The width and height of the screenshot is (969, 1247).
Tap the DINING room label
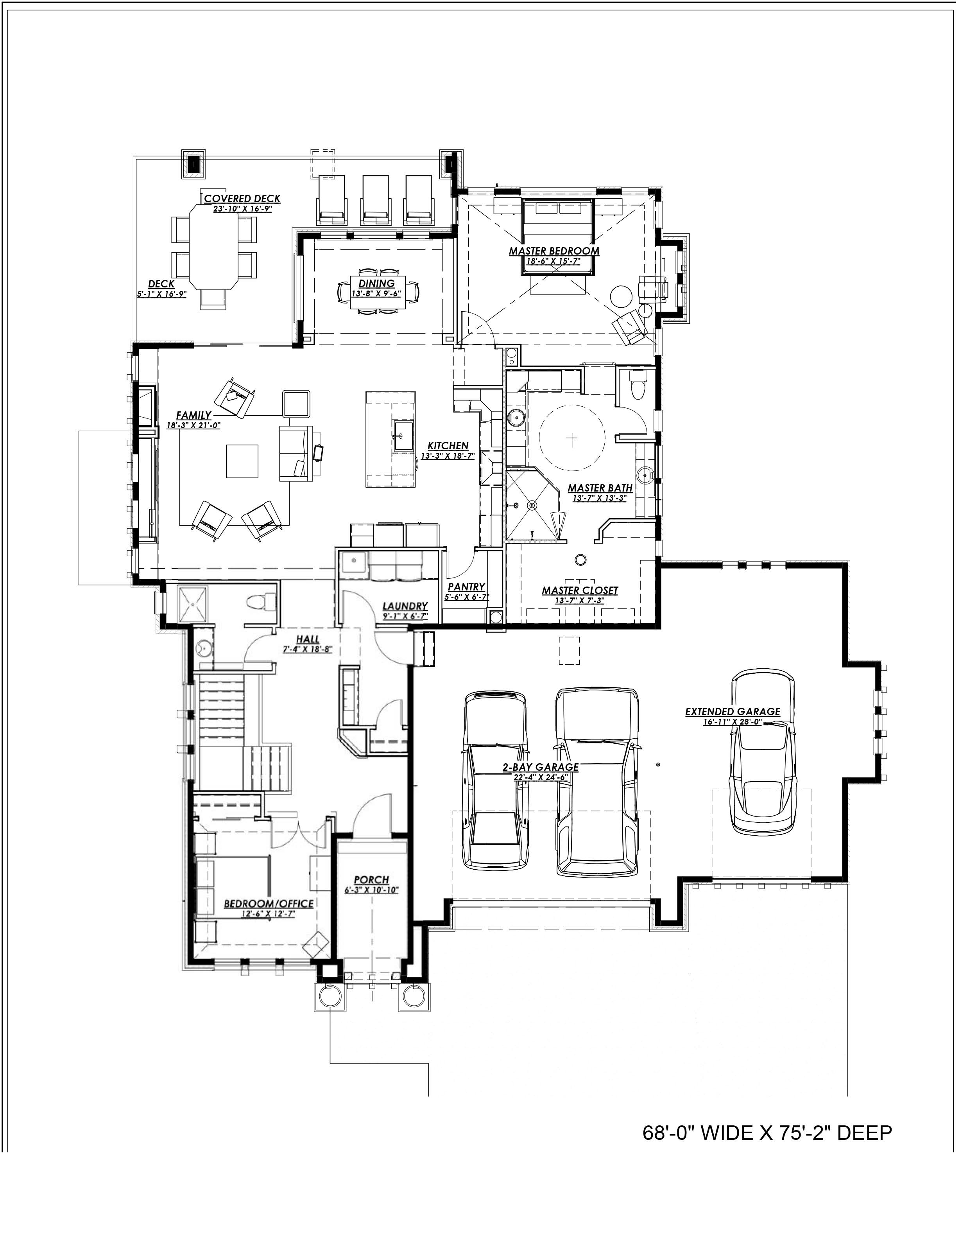[377, 283]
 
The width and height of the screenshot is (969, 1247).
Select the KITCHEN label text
[448, 446]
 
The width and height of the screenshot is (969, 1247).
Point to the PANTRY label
[466, 587]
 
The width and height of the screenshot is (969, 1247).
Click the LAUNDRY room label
[405, 606]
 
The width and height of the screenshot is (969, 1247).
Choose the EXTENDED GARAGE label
[733, 711]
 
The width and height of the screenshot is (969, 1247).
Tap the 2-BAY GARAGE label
[541, 767]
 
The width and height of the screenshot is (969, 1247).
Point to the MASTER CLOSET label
[580, 590]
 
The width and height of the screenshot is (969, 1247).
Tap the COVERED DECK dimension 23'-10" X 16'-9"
[242, 208]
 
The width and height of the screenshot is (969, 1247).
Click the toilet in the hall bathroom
[262, 602]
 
